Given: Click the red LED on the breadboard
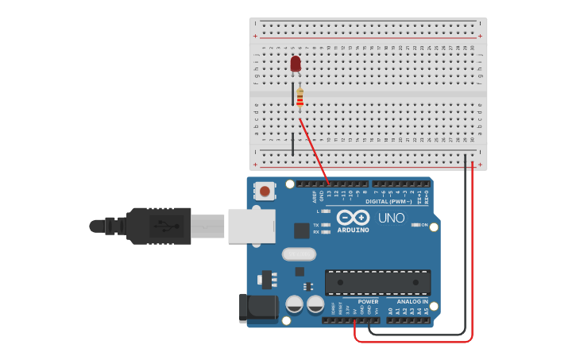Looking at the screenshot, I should pos(296,64).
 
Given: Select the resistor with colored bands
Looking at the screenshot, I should pos(300,99).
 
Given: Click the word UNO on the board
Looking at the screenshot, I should pos(391,218).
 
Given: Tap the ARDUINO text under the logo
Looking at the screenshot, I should pos(353,230).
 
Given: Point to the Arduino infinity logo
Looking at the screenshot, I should pos(353,218).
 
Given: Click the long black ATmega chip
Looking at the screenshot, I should pos(377,282).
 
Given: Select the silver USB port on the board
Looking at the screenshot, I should pos(251,226).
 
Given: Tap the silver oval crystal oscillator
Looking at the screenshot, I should pos(299,254).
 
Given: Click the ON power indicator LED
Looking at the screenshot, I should pos(416,225).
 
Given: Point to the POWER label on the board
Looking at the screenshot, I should pos(368,302).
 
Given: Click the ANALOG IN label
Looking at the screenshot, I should pos(412,302).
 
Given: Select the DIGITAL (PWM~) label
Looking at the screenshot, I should pos(389,202).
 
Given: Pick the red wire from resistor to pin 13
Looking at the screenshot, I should pos(315,151).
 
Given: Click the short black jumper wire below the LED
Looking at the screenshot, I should pos(292,144).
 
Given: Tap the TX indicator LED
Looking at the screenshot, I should pos(325,225).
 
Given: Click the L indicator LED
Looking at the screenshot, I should pos(325,211).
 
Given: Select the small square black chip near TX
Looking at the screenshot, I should pos(301,230).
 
